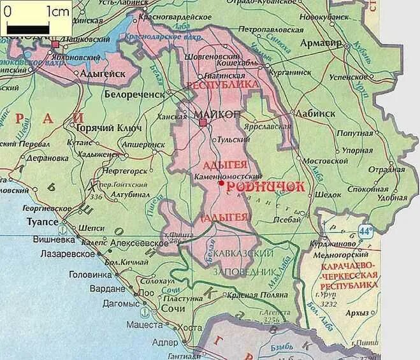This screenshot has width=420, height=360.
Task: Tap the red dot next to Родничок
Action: pyautogui.click(x=221, y=183)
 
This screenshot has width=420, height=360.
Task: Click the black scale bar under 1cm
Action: pyautogui.click(x=28, y=29)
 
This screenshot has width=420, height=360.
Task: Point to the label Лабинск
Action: pyautogui.click(x=315, y=113)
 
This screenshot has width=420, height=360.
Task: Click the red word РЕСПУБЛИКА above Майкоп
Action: pyautogui.click(x=222, y=84)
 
